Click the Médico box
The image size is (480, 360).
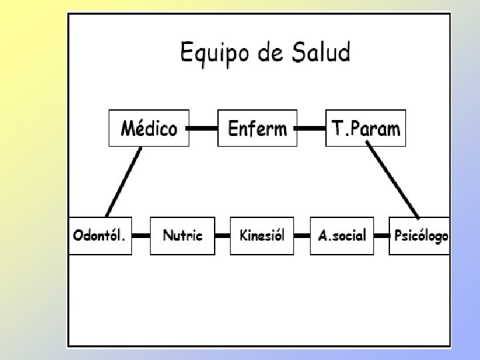(x=149, y=127)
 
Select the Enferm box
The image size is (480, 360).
(x=257, y=127)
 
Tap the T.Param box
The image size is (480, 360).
(x=365, y=127)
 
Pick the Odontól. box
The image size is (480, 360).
(x=101, y=236)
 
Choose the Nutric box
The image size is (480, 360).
(x=183, y=236)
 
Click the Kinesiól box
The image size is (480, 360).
(x=262, y=236)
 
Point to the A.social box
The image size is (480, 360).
(x=342, y=236)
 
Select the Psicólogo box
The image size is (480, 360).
(x=420, y=236)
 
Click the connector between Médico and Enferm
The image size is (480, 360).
(x=203, y=127)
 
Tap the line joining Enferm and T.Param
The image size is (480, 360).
(x=310, y=127)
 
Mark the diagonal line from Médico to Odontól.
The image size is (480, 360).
(x=124, y=181)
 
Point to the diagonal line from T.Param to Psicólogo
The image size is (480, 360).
(x=393, y=181)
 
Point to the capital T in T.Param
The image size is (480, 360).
(x=336, y=128)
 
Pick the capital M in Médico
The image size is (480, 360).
(x=129, y=128)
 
